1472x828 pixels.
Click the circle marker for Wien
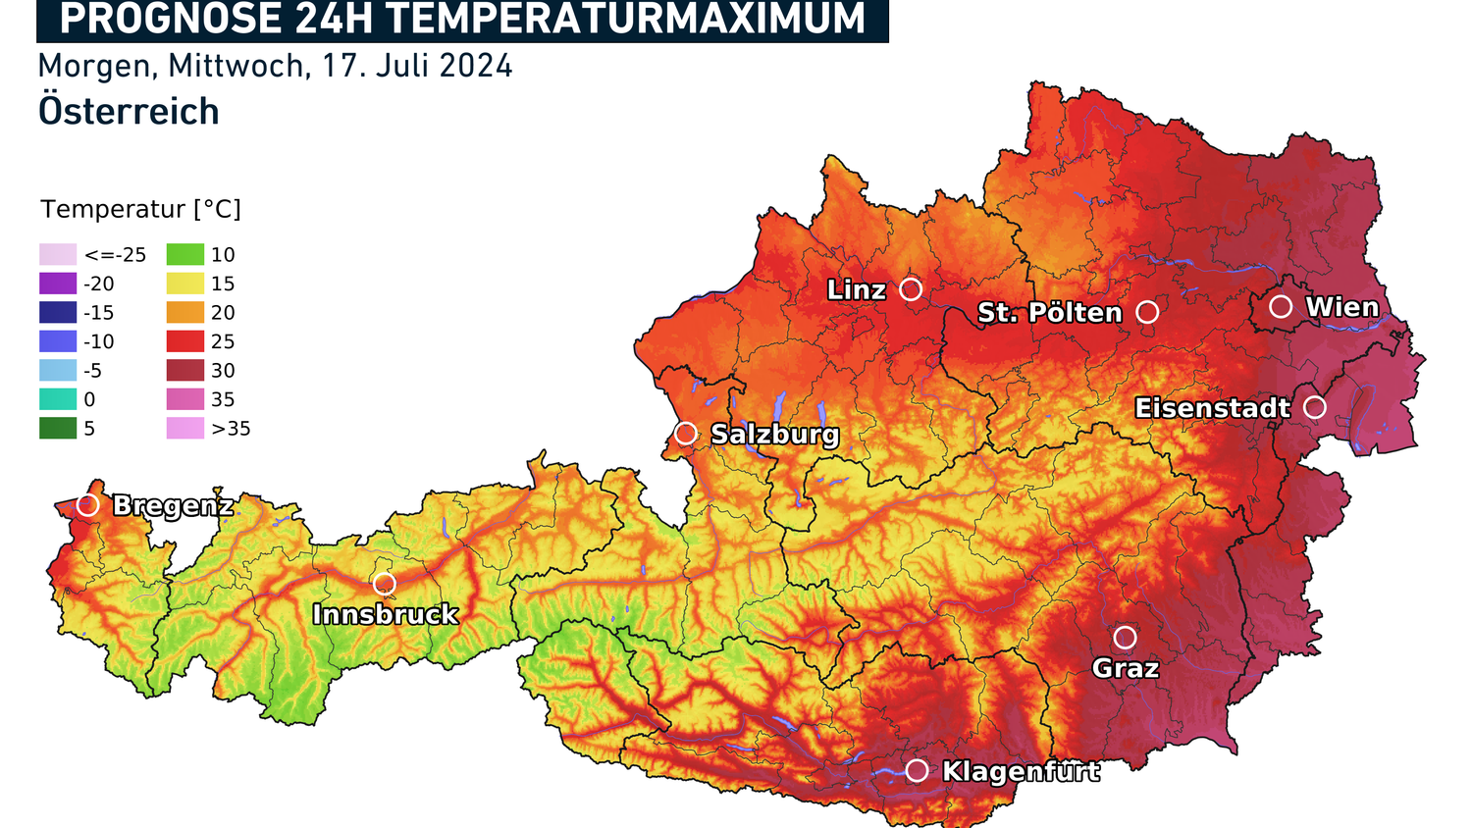[x=1281, y=307]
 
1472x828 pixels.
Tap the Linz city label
[x=857, y=290]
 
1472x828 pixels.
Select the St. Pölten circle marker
[x=1147, y=312]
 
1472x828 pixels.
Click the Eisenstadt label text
[x=1212, y=408]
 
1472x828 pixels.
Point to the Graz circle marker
[x=1125, y=638]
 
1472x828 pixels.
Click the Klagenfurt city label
[x=1021, y=772]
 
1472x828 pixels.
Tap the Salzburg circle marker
[x=686, y=433]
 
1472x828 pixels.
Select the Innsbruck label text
[x=385, y=615]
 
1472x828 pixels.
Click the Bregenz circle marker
[x=88, y=505]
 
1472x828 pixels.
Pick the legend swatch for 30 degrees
[x=185, y=371]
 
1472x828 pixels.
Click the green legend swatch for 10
[x=185, y=255]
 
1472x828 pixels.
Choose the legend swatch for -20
[x=58, y=284]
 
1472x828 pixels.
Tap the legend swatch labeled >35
[x=185, y=429]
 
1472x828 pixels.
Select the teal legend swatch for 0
[x=58, y=399]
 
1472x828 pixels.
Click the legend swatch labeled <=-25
[x=58, y=255]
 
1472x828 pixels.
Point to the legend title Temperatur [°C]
[x=140, y=209]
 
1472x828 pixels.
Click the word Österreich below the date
[x=129, y=112]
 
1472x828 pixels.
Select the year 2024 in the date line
[x=476, y=66]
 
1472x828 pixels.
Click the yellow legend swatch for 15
[x=185, y=284]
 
